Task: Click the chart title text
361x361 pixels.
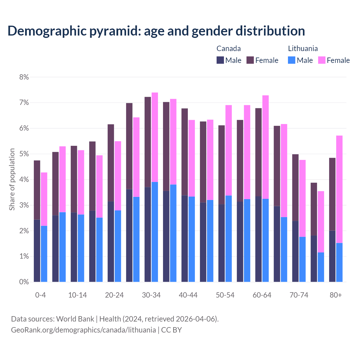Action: pos(156,31)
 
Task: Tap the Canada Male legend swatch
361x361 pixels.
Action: pos(220,60)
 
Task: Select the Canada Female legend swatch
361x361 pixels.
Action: pos(250,60)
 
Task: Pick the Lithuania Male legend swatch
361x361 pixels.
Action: pos(292,60)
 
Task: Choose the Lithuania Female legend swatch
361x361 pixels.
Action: pos(322,60)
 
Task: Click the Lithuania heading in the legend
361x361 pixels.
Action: pos(303,49)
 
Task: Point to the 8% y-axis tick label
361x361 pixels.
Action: pos(24,77)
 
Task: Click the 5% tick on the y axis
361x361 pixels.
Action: pos(24,154)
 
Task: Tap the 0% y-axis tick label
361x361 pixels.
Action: pos(24,282)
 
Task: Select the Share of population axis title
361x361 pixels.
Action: pos(12,179)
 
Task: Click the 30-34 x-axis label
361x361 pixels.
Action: pos(151,295)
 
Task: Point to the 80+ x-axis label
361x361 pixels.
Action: pos(336,295)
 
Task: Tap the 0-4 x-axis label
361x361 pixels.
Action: pos(40,295)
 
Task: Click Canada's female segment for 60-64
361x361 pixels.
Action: pos(258,152)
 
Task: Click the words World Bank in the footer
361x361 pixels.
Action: pos(75,319)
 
